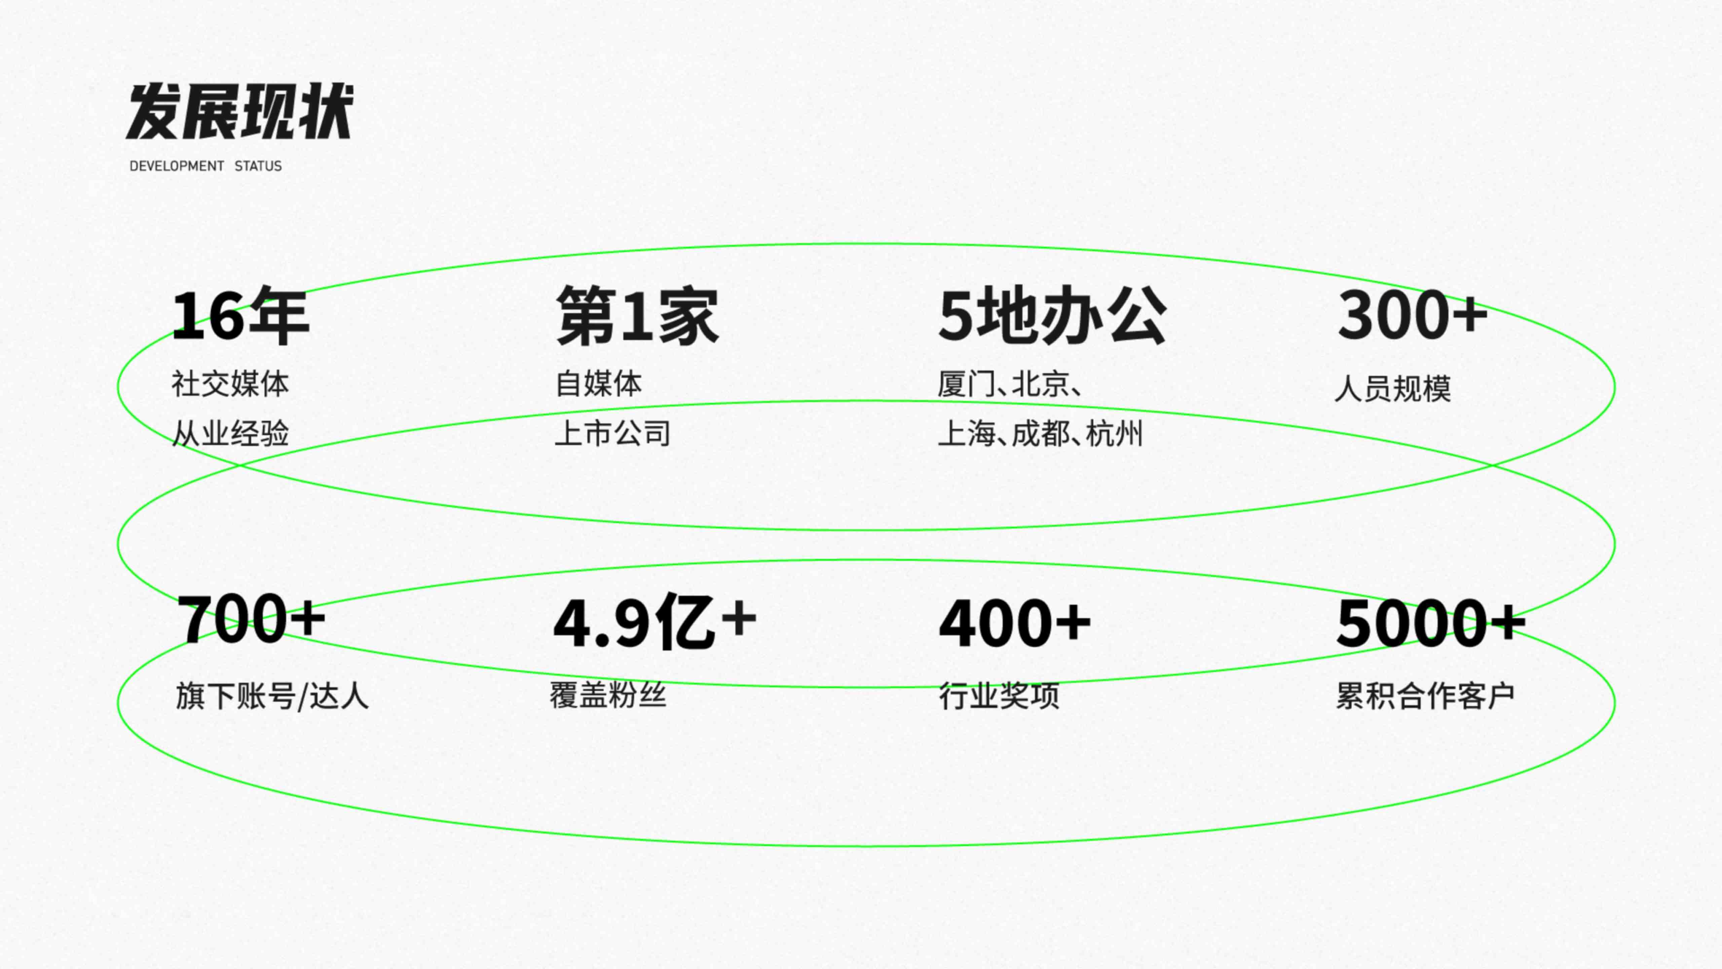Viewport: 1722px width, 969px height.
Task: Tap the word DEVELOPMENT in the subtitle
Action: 177,166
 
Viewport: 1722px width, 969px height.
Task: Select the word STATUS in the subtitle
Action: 258,166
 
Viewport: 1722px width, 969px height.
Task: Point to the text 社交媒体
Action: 230,384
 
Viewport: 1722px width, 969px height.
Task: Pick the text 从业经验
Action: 230,433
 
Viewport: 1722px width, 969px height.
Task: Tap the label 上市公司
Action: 612,433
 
